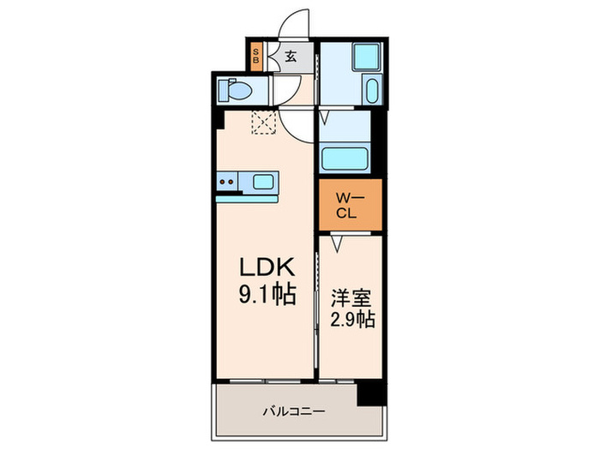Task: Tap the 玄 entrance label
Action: (290, 58)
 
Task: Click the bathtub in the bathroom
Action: (344, 158)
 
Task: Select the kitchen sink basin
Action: (264, 182)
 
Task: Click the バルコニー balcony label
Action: (294, 412)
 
